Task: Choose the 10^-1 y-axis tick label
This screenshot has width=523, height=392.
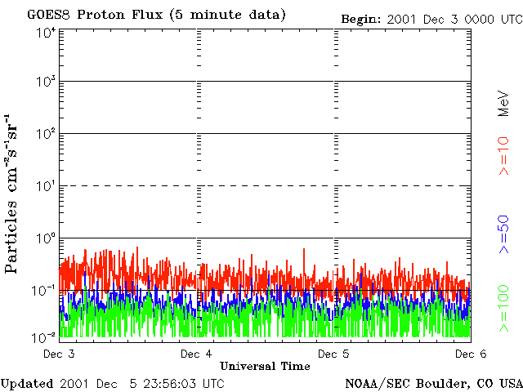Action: (x=44, y=290)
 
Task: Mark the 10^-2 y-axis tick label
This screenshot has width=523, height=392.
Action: (x=44, y=336)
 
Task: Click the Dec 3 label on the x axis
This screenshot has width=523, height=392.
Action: (x=59, y=354)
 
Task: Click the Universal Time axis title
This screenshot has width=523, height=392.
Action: (x=265, y=367)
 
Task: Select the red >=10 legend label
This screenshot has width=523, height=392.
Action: (x=504, y=156)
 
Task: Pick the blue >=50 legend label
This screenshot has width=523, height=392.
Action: (x=504, y=235)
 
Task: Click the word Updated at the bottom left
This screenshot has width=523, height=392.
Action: (x=27, y=383)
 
